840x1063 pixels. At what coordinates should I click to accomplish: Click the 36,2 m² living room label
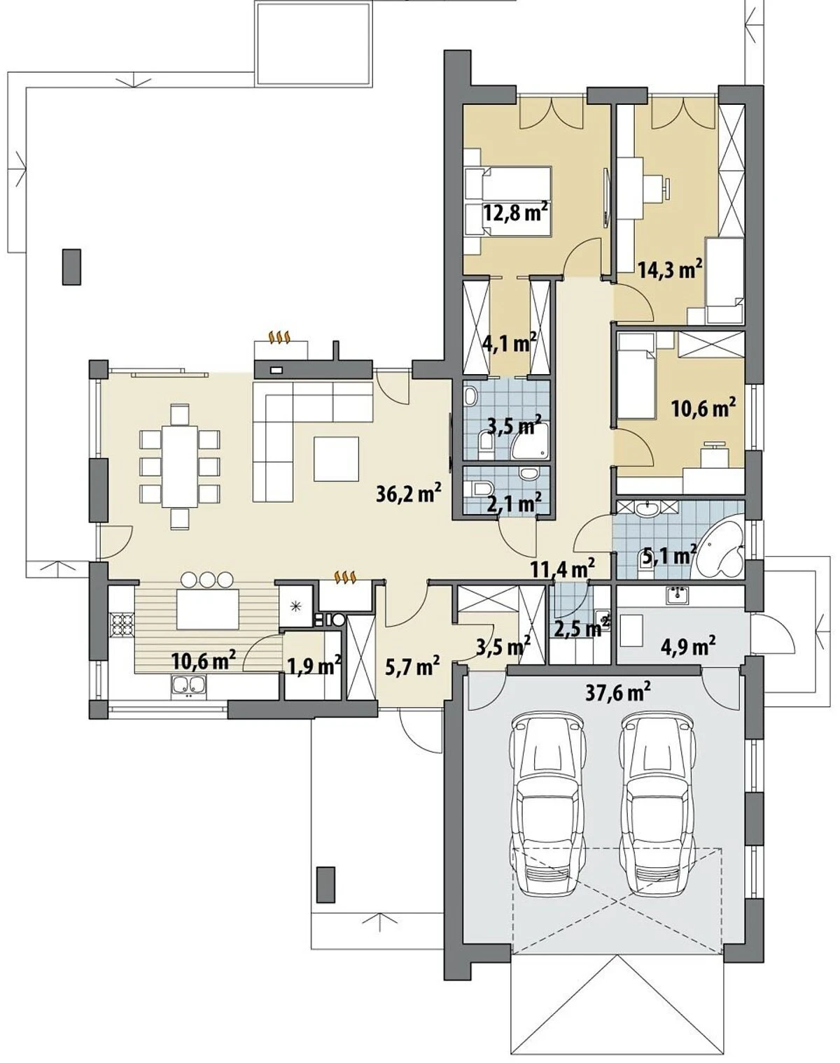(x=408, y=493)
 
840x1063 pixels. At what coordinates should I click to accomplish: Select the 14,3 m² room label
(x=670, y=269)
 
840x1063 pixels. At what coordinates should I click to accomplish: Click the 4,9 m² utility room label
(x=690, y=643)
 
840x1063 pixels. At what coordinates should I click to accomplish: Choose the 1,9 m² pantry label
(x=314, y=665)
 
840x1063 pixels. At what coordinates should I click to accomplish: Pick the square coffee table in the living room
(x=336, y=458)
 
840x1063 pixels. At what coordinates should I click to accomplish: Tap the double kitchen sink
(x=189, y=685)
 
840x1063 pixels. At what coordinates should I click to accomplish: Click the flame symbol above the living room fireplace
(x=281, y=338)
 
